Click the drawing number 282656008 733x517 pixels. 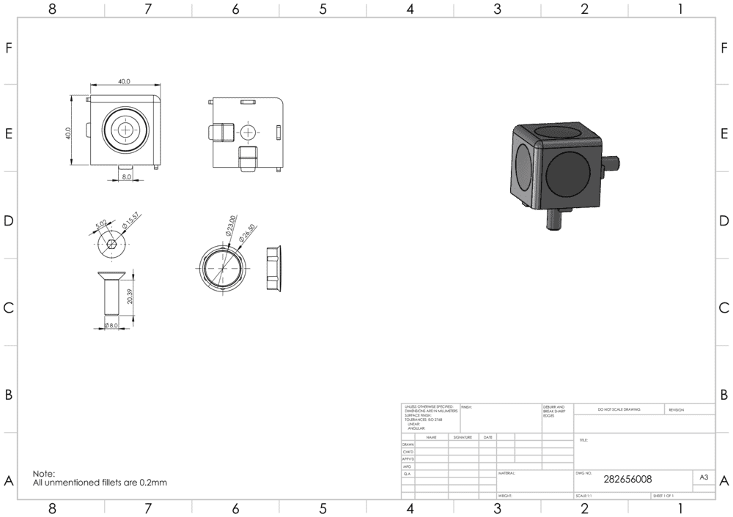[x=627, y=480]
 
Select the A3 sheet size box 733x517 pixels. [x=704, y=477]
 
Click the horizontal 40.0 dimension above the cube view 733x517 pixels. [x=124, y=82]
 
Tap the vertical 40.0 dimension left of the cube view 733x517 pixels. [x=68, y=133]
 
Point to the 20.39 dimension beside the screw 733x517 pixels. [x=130, y=296]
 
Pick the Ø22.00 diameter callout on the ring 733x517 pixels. [x=229, y=225]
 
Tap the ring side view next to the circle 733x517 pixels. [x=272, y=267]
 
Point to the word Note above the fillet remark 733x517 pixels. [x=44, y=474]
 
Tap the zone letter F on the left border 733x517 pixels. [x=9, y=48]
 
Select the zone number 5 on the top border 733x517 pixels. [x=323, y=10]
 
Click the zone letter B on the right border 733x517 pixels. [x=724, y=394]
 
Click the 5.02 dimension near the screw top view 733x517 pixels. [x=100, y=222]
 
